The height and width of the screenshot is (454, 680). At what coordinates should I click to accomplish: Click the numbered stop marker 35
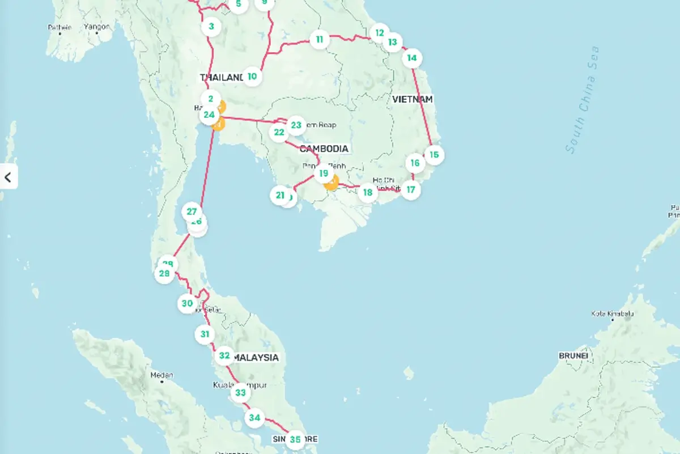pos(295,439)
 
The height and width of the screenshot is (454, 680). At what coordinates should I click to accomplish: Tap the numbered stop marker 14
pos(412,58)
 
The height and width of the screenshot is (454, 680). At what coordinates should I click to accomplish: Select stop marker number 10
pos(252,76)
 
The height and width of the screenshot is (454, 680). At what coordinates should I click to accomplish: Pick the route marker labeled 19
pos(323,173)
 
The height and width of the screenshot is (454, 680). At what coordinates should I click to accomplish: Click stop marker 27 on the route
pos(192,211)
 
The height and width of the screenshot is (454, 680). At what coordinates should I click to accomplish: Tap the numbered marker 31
pos(205,334)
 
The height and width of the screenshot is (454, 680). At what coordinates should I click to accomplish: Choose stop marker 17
pos(410,189)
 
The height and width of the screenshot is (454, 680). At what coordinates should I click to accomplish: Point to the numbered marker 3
pos(211,26)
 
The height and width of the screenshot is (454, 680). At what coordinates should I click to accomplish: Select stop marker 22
pos(278,133)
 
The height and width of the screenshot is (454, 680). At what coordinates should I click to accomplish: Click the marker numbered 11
pos(320,39)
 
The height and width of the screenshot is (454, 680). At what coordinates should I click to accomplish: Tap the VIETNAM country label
pos(412,99)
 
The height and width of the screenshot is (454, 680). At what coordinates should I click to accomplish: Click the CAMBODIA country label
pos(324,148)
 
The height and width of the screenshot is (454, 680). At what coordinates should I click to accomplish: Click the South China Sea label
pos(583,100)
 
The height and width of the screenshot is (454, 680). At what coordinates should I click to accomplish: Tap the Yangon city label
pos(97,27)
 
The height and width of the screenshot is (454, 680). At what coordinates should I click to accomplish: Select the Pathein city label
pos(59,27)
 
